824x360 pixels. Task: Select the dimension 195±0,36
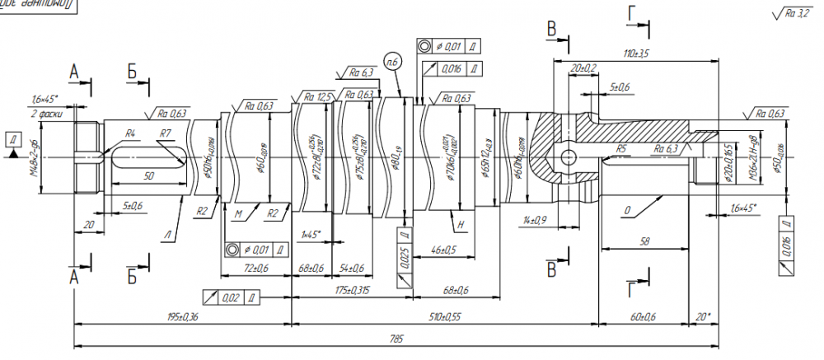pyautogui.click(x=182, y=316)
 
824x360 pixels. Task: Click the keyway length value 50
pyautogui.click(x=148, y=176)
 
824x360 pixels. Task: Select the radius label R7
pyautogui.click(x=165, y=133)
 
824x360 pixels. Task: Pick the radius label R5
pyautogui.click(x=624, y=148)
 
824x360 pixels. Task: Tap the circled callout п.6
pyautogui.click(x=392, y=59)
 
